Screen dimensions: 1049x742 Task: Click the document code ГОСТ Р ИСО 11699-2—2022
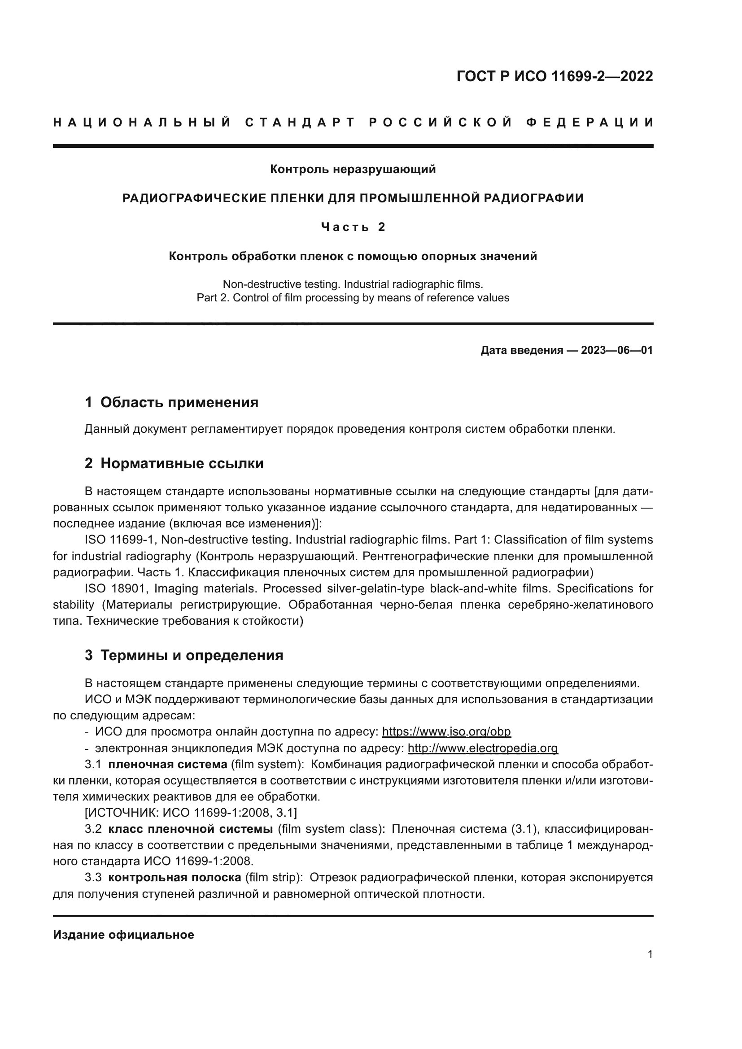(554, 76)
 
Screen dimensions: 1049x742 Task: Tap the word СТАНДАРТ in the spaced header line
(300, 122)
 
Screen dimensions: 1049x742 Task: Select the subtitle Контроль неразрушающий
(353, 170)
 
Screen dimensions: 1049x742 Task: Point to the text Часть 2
(353, 227)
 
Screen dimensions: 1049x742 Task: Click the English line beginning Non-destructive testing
(353, 284)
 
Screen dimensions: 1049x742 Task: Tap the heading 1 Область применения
(171, 402)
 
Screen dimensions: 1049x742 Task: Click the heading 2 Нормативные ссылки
(174, 464)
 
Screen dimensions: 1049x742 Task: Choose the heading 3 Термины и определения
(183, 656)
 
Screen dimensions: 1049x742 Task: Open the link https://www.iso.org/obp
(446, 732)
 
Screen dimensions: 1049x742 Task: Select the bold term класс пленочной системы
(191, 829)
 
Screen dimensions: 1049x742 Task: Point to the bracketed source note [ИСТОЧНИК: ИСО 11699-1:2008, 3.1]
(191, 813)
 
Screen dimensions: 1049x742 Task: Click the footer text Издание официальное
(123, 935)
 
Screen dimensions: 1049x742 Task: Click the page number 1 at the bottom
(650, 954)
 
